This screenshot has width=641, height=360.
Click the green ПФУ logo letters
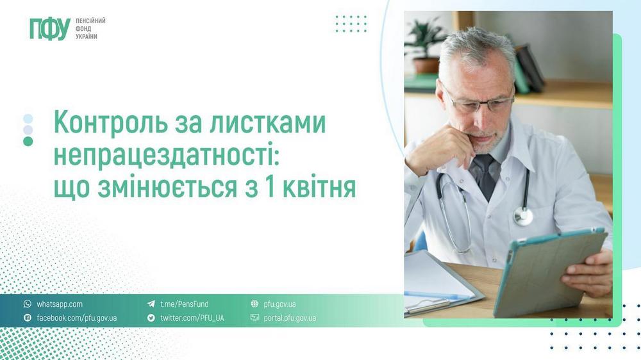coord(49,29)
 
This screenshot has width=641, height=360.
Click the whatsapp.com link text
coord(60,304)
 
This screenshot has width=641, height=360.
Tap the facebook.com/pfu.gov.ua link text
coord(76,318)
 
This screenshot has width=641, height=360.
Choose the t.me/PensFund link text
coord(184,304)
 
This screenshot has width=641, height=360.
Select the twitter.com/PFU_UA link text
coord(192,318)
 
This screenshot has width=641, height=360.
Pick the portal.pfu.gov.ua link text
coord(290,318)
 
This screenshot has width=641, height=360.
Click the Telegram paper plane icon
coord(151,304)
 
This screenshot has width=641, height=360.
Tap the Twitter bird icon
coord(151,318)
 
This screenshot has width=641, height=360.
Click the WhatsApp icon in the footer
coord(27,304)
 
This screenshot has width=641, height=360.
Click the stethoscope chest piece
coord(523,216)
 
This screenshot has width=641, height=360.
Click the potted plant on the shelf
coord(426,45)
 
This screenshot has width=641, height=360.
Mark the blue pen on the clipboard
coord(436,295)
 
